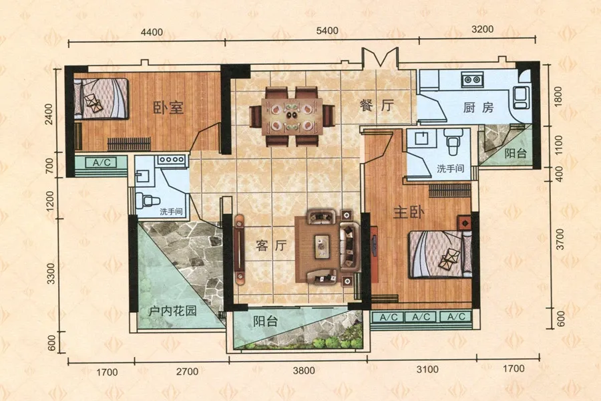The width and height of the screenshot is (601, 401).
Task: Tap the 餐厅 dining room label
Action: tap(377, 105)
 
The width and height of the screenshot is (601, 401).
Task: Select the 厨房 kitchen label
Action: tap(478, 108)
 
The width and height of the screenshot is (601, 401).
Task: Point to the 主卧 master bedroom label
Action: tap(409, 212)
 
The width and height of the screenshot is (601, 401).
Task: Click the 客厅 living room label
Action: tap(271, 245)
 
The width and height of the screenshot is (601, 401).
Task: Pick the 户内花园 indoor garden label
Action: tap(172, 310)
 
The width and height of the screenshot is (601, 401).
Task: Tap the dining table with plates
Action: tap(292, 116)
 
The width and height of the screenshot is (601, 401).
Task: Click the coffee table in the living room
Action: tap(322, 246)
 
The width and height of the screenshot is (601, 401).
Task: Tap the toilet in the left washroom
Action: tap(147, 200)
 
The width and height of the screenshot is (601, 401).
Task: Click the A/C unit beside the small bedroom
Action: tap(102, 162)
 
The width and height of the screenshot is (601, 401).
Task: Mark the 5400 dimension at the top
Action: tap(327, 31)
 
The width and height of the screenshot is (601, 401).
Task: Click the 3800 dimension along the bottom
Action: tap(304, 370)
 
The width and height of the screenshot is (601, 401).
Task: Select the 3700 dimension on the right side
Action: tap(560, 239)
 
